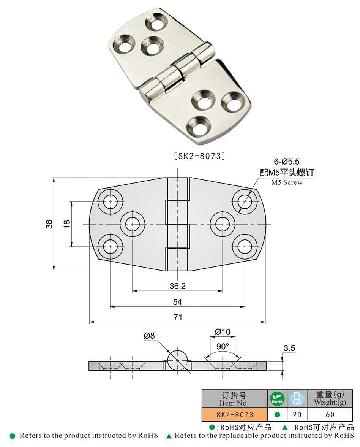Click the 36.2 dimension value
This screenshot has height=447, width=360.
coord(177,286)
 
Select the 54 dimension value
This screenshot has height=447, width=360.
coord(177,302)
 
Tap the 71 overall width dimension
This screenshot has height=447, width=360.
coord(177,317)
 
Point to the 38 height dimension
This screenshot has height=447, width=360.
coord(49,224)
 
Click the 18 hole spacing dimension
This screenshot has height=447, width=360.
coord(67,224)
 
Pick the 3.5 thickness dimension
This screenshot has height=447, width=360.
coord(289,348)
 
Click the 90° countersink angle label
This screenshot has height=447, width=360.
coord(223,347)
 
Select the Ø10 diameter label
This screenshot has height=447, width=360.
coord(223,332)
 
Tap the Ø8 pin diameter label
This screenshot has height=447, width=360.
coord(150,336)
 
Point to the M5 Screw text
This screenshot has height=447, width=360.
coord(287,182)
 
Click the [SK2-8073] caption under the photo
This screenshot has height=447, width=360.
coord(199,156)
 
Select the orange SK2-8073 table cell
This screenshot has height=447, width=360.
coord(234,414)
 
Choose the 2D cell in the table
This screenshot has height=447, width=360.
coord(297,414)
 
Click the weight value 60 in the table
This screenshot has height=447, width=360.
coord(330,414)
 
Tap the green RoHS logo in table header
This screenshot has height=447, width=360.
coord(277,399)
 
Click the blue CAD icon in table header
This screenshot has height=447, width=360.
coord(297,399)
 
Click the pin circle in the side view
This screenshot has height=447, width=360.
coord(177,359)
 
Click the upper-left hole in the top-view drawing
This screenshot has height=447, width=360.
coord(111,201)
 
